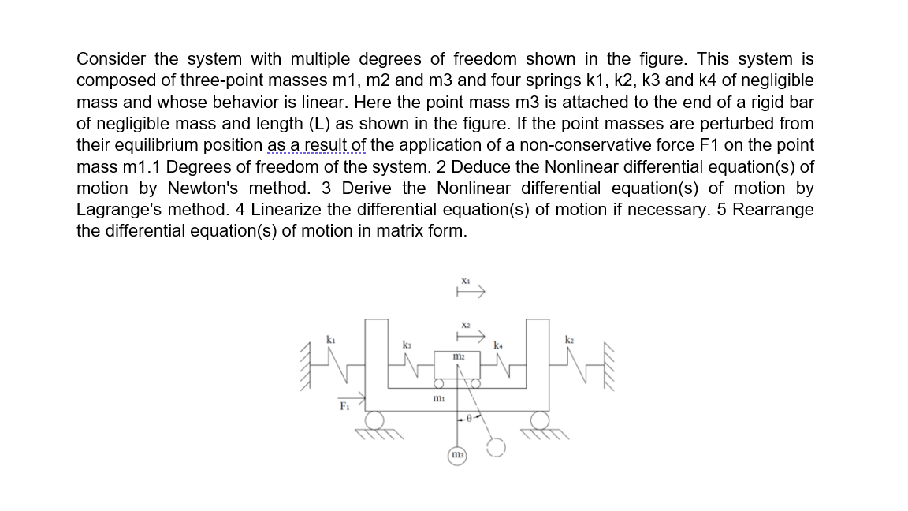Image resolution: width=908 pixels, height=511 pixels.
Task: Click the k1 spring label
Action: click(331, 340)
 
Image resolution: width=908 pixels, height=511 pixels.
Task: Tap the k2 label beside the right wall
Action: click(569, 340)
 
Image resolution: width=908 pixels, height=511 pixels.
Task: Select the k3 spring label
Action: click(407, 345)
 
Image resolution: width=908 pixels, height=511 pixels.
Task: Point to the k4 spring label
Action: click(498, 345)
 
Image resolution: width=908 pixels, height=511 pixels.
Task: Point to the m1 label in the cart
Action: click(439, 399)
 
